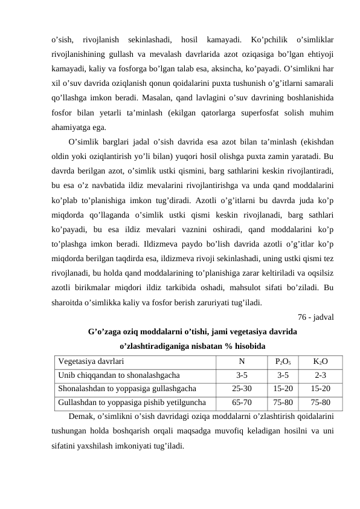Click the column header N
[x=242, y=362]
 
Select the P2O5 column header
[x=283, y=362]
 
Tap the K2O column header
[x=321, y=362]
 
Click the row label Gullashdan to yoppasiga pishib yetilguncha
[x=132, y=402]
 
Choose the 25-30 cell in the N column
[x=242, y=389]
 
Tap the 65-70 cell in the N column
[x=242, y=402]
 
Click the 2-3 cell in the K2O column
[x=321, y=375]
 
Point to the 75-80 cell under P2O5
[x=283, y=402]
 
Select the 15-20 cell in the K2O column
[x=321, y=389]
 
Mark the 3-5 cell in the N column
[x=242, y=375]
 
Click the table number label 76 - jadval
[x=318, y=316]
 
